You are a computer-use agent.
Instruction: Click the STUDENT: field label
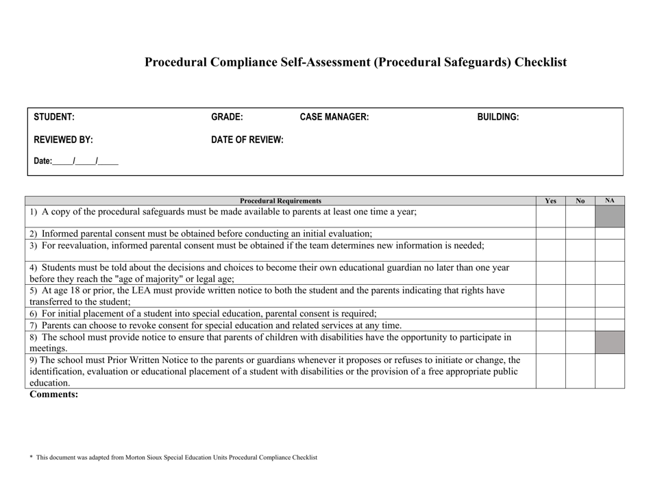54,117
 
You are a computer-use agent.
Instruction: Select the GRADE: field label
227,117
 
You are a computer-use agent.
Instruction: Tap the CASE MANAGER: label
334,117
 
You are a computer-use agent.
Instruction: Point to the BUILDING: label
498,117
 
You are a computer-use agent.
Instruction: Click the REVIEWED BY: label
64,140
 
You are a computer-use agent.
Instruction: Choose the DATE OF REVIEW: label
247,140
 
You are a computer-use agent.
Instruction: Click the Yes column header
550,201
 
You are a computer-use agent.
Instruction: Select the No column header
580,201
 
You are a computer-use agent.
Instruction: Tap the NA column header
609,201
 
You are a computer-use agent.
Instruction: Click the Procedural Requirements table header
281,201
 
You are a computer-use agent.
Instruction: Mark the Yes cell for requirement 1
550,216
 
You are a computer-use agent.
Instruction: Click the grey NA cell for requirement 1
609,216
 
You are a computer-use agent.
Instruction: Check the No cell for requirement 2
580,233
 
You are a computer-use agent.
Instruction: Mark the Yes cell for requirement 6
550,313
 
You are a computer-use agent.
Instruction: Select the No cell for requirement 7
580,325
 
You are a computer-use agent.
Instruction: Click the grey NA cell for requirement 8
609,342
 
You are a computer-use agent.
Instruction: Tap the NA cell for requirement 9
609,371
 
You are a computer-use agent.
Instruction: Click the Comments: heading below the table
54,394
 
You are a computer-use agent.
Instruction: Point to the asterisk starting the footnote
31,457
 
